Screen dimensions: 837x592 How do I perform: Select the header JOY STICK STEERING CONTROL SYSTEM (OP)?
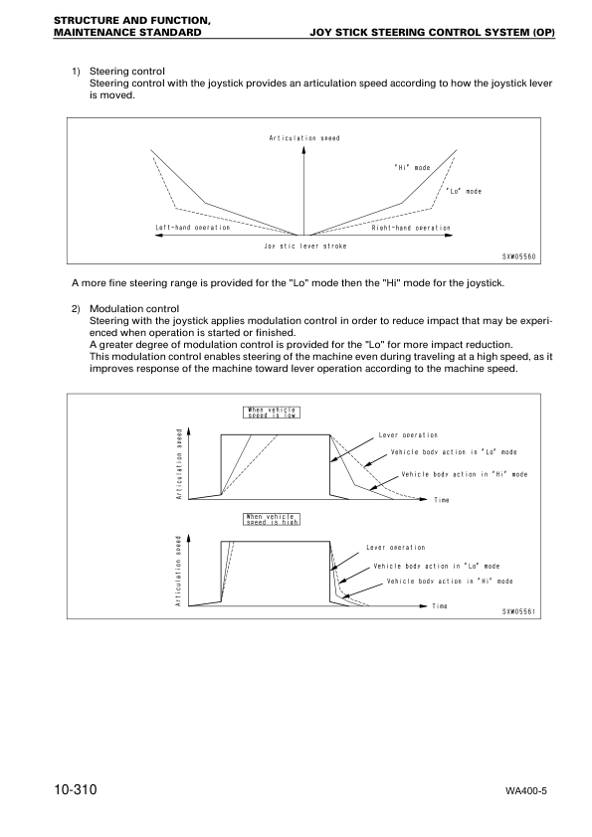point(432,33)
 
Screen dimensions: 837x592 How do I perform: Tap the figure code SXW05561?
point(519,611)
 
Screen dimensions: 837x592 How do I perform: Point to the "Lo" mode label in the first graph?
point(463,191)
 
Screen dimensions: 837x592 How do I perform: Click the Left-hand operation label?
point(192,228)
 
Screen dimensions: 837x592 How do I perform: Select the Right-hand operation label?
point(410,228)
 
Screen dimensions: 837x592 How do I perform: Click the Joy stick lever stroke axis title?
point(304,245)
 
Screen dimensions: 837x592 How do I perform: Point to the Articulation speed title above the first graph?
point(304,137)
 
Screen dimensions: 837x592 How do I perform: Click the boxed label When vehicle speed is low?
point(271,413)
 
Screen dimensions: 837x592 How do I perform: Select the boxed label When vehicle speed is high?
point(271,519)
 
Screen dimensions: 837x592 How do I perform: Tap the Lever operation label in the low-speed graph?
point(408,435)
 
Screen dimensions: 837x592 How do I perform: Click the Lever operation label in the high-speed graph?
point(395,548)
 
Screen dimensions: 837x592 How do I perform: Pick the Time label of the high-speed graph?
point(440,605)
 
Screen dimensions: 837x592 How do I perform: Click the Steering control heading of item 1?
point(127,71)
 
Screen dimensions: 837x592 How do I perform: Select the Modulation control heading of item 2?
point(134,309)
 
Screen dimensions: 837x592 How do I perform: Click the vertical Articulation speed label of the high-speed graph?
point(179,572)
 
